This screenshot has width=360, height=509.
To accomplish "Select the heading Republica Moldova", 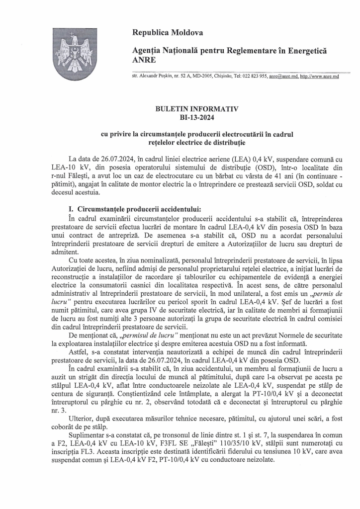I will pos(168,33).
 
